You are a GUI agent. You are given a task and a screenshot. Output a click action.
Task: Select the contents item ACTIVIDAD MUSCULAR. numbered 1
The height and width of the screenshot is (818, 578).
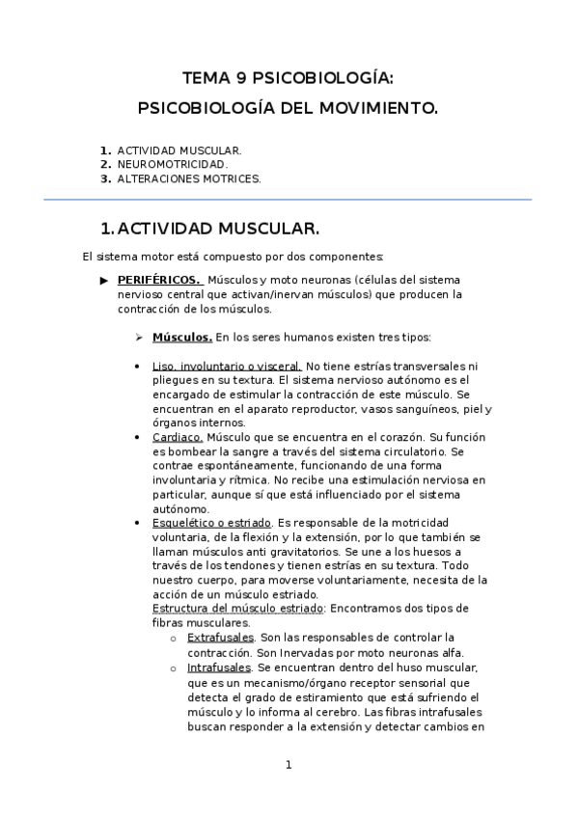179,151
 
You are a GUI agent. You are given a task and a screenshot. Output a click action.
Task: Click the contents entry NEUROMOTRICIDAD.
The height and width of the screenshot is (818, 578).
173,165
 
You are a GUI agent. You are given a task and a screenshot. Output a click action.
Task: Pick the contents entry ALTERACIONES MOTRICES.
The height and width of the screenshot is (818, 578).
189,178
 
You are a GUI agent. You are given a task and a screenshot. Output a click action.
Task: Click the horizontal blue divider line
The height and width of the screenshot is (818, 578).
288,200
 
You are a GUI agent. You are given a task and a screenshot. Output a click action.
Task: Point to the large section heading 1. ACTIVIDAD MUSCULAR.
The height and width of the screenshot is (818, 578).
209,229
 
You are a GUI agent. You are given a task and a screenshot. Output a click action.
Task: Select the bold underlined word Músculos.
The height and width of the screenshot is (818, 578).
182,338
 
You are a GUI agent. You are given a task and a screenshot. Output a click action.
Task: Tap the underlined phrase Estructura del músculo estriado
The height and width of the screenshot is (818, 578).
238,609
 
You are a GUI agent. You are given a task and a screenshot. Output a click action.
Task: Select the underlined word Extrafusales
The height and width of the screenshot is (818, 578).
221,638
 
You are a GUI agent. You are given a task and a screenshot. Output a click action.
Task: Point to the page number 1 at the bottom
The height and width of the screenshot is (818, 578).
288,765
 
